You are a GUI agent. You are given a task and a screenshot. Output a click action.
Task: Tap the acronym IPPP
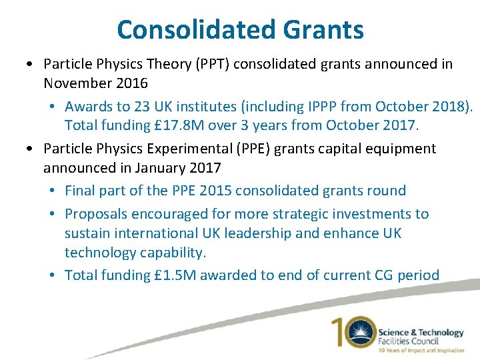pos(320,107)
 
